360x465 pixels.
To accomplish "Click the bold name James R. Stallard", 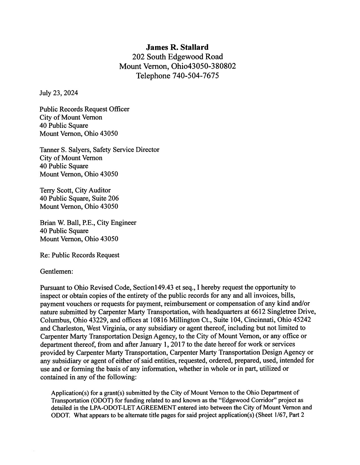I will (177, 47).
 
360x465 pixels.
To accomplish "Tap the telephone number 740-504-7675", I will (195, 76).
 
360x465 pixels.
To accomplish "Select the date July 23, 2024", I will (59, 93).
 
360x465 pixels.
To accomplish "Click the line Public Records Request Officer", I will (84, 109).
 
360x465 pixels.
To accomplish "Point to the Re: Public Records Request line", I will (80, 255).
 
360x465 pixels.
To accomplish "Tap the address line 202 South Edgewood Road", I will (177, 57).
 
